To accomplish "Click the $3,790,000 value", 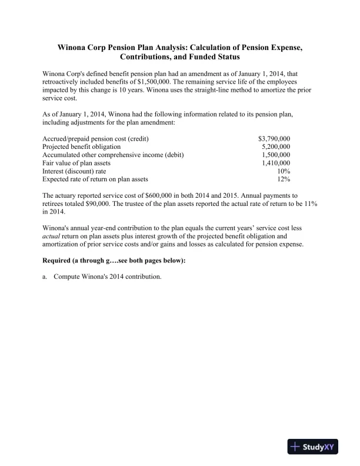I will pyautogui.click(x=274, y=138).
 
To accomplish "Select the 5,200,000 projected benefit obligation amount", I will pyautogui.click(x=276, y=147).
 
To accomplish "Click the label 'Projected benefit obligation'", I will pyautogui.click(x=82, y=147).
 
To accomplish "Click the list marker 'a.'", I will pyautogui.click(x=45, y=276).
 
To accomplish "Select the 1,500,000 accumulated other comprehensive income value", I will pyautogui.click(x=276, y=155).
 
